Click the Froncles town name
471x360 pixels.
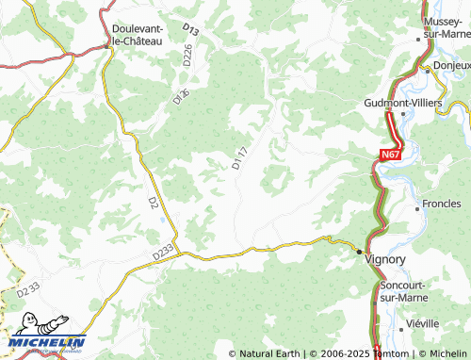[x=441, y=204]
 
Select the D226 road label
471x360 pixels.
[x=187, y=56]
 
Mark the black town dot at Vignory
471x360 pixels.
[x=359, y=253]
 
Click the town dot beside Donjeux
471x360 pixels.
[x=426, y=67]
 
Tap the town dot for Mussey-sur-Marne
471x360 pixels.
[x=418, y=40]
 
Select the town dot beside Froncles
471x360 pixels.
[x=417, y=204]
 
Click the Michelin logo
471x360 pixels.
[x=47, y=344]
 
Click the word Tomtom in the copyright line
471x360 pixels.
[x=389, y=353]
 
